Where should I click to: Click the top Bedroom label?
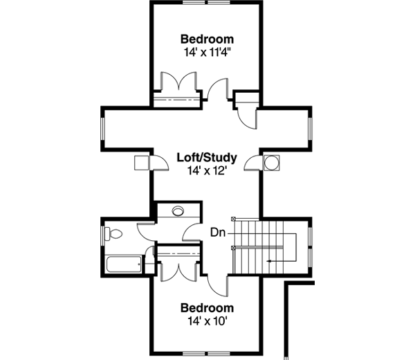pos(207,39)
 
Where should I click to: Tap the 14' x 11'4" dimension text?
pos(207,53)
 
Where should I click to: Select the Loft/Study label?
pos(207,156)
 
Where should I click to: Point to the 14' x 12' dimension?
pos(207,170)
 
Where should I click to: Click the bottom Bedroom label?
pos(207,307)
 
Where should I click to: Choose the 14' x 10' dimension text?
pos(207,321)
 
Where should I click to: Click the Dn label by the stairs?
pos(217,233)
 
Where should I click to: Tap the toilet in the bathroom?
pos(114,235)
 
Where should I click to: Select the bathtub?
pos(124,264)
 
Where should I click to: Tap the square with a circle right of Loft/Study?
pos(272,163)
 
